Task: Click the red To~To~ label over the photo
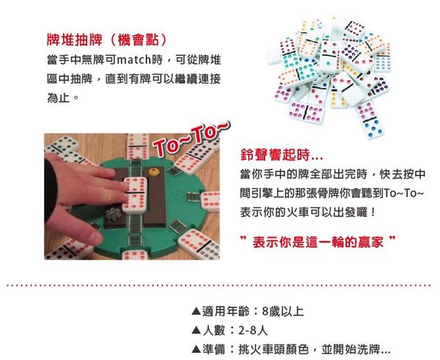191,138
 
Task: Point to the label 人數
213,330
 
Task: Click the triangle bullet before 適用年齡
195,312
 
